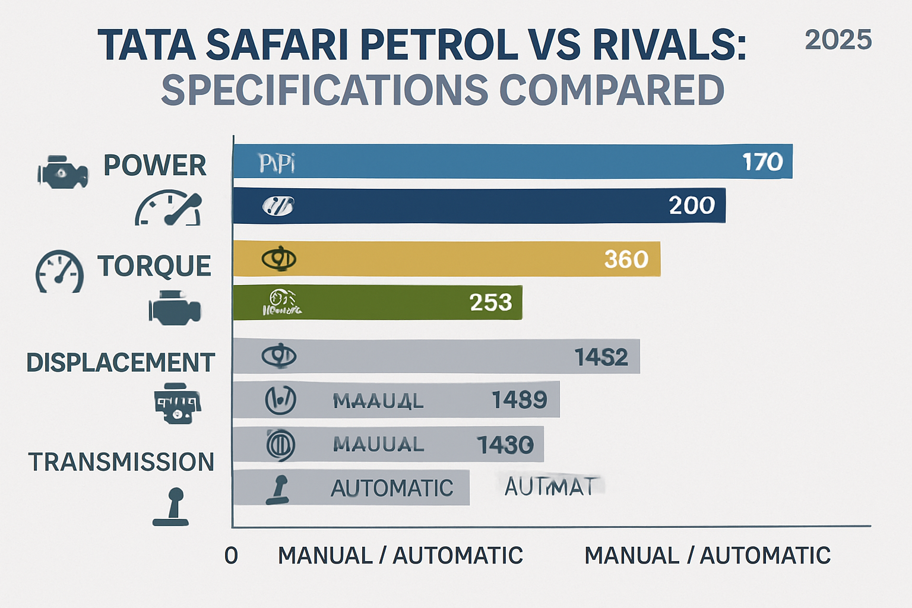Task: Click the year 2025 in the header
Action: pos(838,40)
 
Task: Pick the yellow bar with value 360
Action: pos(446,259)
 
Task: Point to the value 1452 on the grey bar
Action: pos(601,357)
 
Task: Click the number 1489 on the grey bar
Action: pos(519,400)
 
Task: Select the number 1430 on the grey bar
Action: pos(505,445)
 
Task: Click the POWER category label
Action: pos(154,165)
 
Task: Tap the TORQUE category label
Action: pos(154,266)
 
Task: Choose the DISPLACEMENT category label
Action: pos(120,363)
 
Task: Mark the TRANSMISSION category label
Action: pos(121,462)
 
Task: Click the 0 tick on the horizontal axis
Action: pos(231,556)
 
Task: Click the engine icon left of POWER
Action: pos(62,172)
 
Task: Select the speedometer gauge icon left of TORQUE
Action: pos(59,271)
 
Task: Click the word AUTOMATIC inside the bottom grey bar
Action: pos(392,489)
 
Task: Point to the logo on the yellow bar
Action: pos(278,259)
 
